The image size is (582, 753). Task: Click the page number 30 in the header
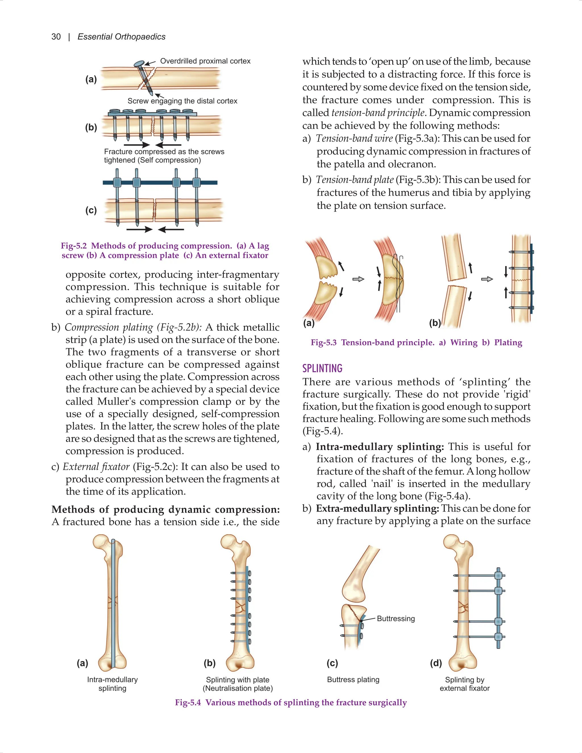pyautogui.click(x=56, y=37)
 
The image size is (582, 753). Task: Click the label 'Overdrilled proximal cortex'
pyautogui.click(x=205, y=61)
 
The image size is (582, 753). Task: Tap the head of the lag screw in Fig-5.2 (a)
pyautogui.click(x=139, y=63)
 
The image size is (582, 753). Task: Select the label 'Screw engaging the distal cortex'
pyautogui.click(x=182, y=101)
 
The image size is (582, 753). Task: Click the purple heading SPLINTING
pyautogui.click(x=322, y=368)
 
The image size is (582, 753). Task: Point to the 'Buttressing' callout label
pyautogui.click(x=396, y=619)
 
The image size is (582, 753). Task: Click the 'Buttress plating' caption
pyautogui.click(x=353, y=680)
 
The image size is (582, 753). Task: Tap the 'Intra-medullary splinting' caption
pyautogui.click(x=113, y=684)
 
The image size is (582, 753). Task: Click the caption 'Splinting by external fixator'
pyautogui.click(x=464, y=684)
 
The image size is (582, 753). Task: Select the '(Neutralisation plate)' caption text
pyautogui.click(x=238, y=688)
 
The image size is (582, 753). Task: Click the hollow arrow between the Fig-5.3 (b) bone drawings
pyautogui.click(x=487, y=279)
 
